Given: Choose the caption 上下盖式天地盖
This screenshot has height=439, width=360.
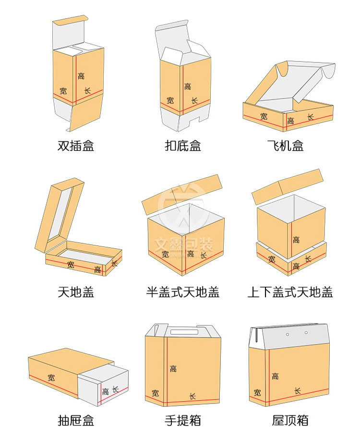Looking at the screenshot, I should (x=290, y=292).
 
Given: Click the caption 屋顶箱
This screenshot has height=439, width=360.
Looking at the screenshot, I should (x=290, y=421).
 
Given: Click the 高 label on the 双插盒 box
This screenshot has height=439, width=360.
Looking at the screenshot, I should (x=81, y=76).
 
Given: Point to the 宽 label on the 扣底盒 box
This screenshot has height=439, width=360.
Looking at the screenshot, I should (x=170, y=100).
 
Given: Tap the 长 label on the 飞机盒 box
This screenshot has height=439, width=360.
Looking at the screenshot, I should (x=310, y=117).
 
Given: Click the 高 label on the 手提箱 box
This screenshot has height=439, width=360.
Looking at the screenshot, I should (x=173, y=368).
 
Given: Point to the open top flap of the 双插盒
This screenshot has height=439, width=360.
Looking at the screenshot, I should (x=70, y=22).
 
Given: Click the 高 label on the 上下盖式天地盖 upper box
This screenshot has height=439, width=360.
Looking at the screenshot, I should (x=296, y=240).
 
